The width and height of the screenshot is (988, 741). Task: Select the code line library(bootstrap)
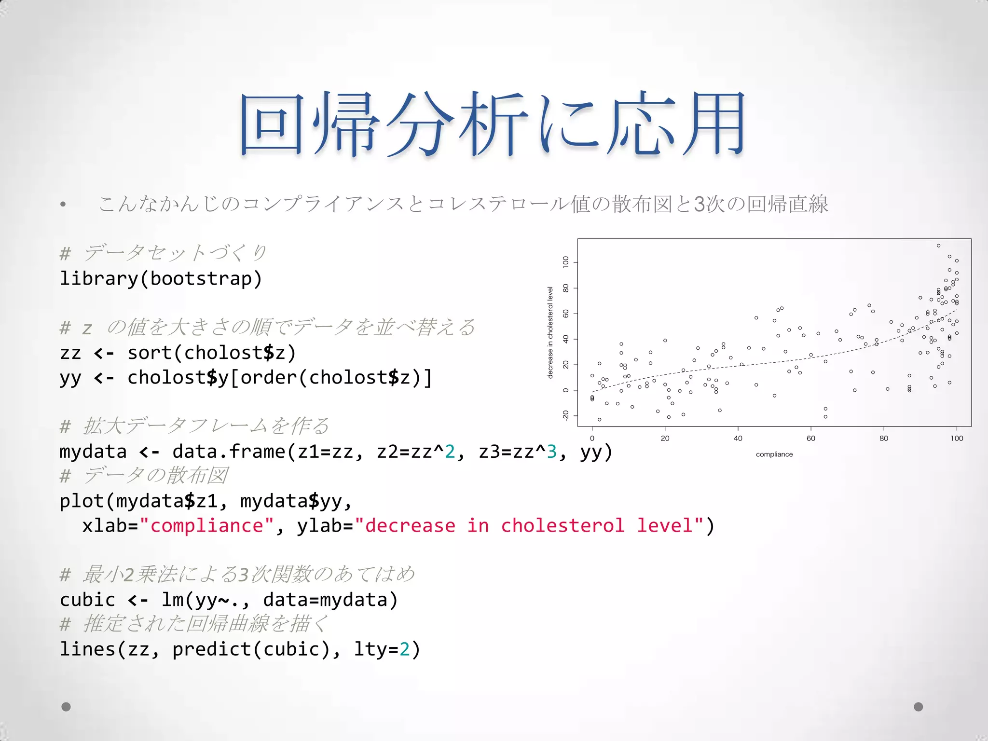coord(161,279)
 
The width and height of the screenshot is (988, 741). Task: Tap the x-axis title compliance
coord(774,454)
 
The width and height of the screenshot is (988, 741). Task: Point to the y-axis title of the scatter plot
coord(550,332)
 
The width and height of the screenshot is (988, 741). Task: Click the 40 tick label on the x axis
coord(738,439)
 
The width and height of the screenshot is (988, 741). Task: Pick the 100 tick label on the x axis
coord(957,439)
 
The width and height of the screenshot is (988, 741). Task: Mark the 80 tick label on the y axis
coord(566,288)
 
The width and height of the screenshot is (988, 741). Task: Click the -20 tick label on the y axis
coord(566,415)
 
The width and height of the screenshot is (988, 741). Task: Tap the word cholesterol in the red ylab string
coord(563,525)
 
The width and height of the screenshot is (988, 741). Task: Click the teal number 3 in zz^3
coord(551,452)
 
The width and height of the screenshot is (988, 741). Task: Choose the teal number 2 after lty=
coord(404,649)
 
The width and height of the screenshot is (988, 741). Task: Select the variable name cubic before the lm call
coord(87,600)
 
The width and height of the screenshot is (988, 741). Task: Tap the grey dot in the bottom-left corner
coord(67,707)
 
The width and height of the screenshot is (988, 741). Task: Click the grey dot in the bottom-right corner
coord(919,707)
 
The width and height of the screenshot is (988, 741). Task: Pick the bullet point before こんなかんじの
coord(63,205)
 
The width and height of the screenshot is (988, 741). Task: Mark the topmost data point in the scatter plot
coord(938,246)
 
